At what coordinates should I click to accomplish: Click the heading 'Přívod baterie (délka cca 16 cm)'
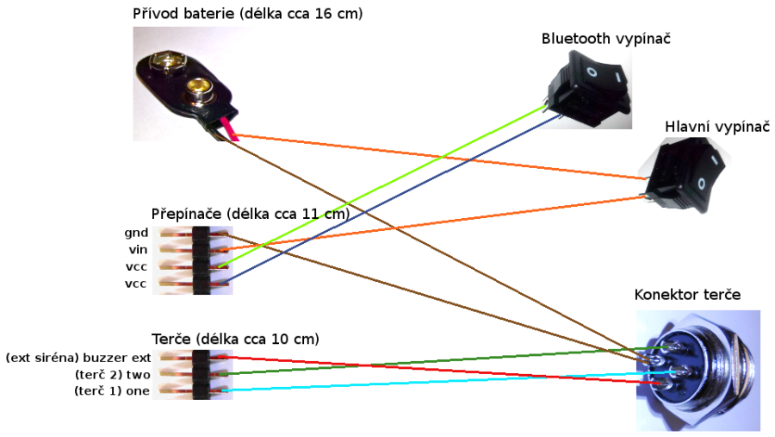[247, 14]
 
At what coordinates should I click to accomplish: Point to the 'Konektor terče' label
[687, 294]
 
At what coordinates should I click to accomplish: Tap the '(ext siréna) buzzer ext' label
[78, 357]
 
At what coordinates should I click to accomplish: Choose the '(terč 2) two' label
[115, 374]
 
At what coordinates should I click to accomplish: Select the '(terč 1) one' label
[113, 391]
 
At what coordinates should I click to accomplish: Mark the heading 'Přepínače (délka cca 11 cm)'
[250, 213]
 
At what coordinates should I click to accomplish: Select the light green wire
[387, 186]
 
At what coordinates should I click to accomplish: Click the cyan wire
[431, 382]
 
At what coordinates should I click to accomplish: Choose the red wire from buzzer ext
[431, 368]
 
